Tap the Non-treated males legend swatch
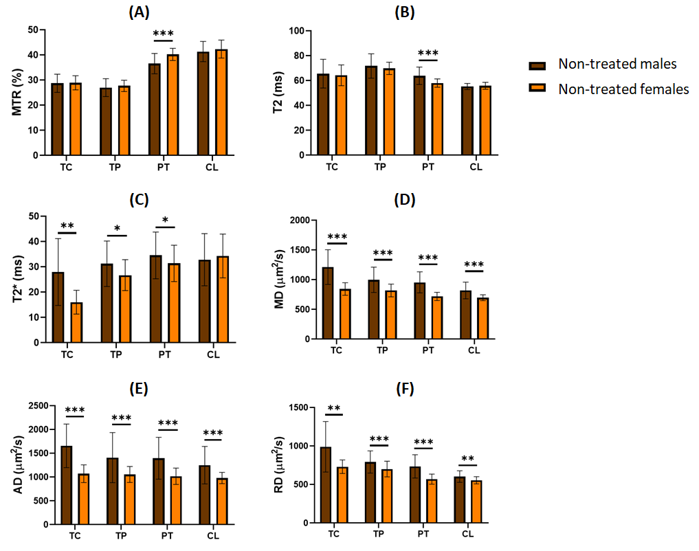(537, 65)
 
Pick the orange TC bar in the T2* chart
(76, 322)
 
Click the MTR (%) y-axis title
(15, 93)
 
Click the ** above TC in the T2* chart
(67, 226)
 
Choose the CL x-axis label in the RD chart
(467, 534)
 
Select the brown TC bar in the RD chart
(325, 485)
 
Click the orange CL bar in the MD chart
(482, 318)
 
